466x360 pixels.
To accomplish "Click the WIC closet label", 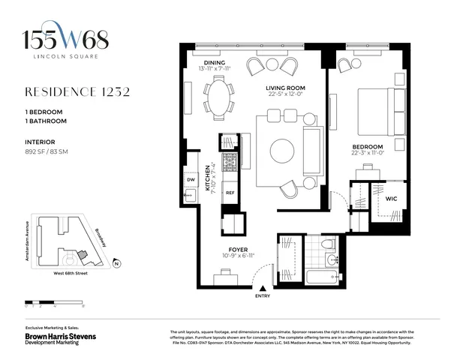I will click(x=391, y=199).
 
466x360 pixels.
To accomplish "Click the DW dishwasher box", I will click(x=191, y=180).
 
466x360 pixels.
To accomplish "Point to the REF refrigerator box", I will click(x=231, y=192).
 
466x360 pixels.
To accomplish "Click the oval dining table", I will click(x=219, y=98).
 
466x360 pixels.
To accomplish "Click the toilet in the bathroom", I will click(x=327, y=245).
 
